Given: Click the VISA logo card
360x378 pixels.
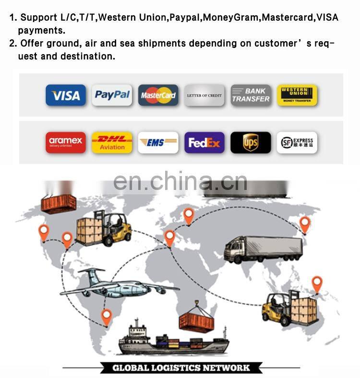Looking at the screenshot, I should click(66, 95).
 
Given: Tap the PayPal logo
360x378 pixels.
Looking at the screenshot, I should click(112, 95).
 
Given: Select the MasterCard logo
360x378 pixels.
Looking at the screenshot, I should click(158, 95).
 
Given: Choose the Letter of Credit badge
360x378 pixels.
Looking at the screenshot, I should click(204, 95).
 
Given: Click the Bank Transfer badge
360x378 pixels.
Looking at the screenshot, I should click(251, 95).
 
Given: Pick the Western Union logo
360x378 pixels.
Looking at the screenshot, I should click(297, 95).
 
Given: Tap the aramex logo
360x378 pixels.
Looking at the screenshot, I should click(66, 142).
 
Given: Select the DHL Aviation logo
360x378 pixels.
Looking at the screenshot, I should click(112, 142).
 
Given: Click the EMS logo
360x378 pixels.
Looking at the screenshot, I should click(158, 142).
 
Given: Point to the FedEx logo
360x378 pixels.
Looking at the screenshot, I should click(204, 142).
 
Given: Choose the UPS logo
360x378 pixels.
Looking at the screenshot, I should click(251, 142).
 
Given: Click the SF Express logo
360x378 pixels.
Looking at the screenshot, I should click(297, 142).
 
